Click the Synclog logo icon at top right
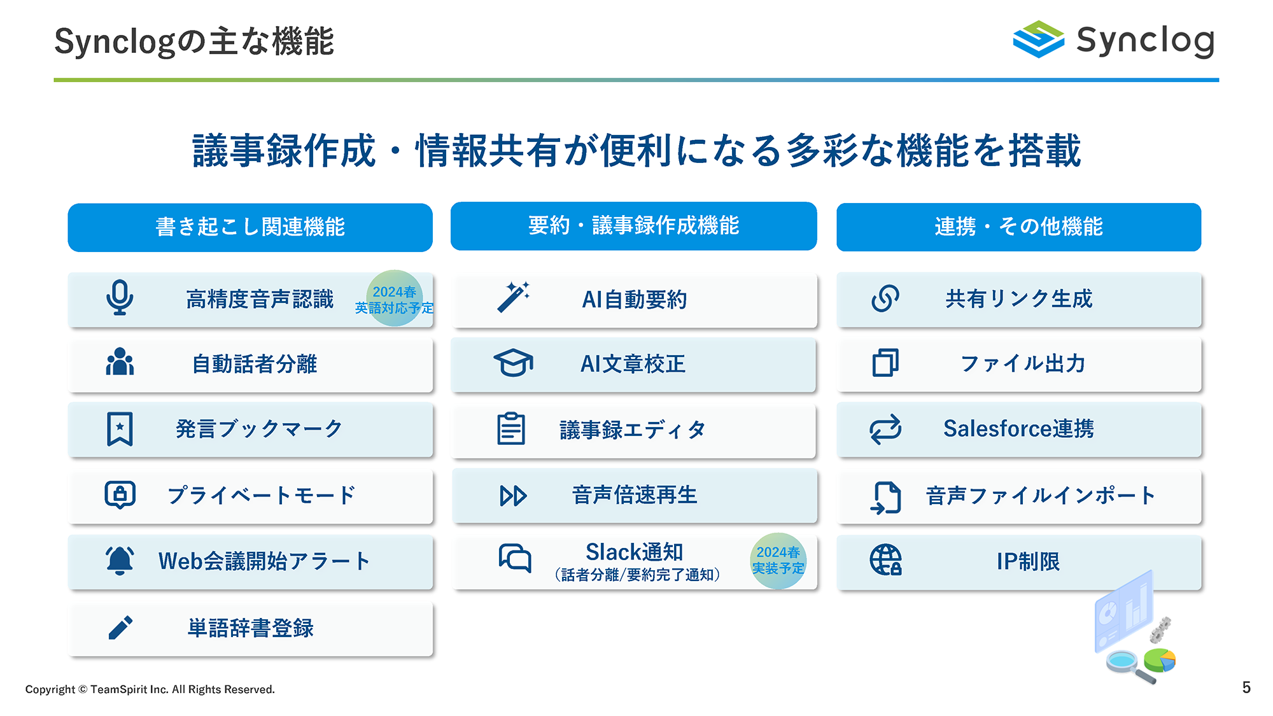[x=1038, y=39]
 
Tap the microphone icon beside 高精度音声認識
[x=120, y=297]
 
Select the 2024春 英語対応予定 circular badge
[x=395, y=298]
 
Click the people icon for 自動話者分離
[x=120, y=362]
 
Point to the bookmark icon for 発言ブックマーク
[x=120, y=428]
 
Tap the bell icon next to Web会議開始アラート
[x=120, y=560]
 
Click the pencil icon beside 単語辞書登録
[x=120, y=627]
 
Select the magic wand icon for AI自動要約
[x=514, y=297]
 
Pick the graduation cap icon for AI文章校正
[x=513, y=363]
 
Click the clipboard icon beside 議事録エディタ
[x=511, y=428]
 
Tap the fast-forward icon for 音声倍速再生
[x=513, y=496]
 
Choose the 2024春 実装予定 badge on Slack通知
[x=778, y=561]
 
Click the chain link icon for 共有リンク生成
[x=885, y=298]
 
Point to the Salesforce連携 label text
[x=1018, y=428]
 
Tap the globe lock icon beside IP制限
[x=886, y=560]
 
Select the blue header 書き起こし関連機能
[x=250, y=227]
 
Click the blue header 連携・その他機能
[x=1018, y=227]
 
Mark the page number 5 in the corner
[x=1246, y=687]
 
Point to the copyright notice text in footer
[x=150, y=689]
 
